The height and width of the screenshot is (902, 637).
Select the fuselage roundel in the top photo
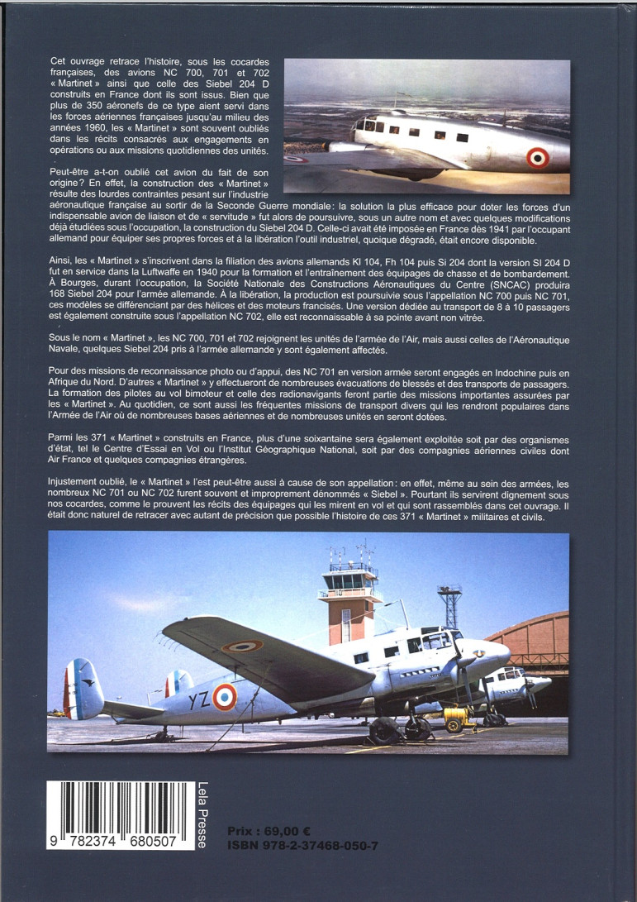click(539, 155)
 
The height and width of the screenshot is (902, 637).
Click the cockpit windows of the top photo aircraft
click(367, 125)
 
